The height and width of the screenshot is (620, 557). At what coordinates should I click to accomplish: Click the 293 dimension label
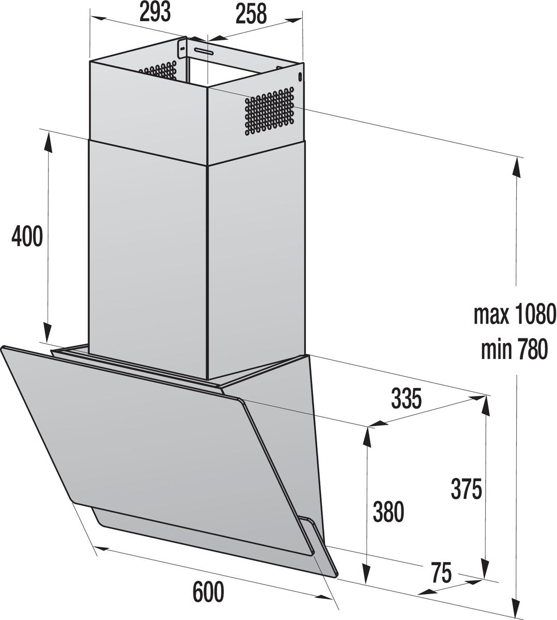pyautogui.click(x=155, y=13)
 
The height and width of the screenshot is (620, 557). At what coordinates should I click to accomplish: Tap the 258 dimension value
pyautogui.click(x=251, y=14)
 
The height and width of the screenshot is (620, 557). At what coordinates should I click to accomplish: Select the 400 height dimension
pyautogui.click(x=27, y=237)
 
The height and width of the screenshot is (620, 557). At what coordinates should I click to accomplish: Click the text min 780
pyautogui.click(x=514, y=349)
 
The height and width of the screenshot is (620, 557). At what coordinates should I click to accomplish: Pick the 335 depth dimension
pyautogui.click(x=407, y=398)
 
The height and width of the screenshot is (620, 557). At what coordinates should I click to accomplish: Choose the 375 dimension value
pyautogui.click(x=466, y=489)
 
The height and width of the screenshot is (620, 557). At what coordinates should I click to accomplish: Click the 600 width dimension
pyautogui.click(x=209, y=592)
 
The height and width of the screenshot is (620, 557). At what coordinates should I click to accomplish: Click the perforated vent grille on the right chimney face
pyautogui.click(x=269, y=111)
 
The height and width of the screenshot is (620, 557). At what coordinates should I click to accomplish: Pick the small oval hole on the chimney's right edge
pyautogui.click(x=300, y=76)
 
